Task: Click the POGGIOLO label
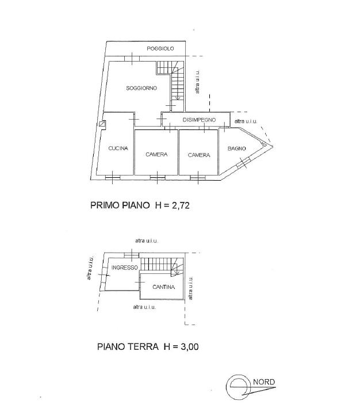[x=160, y=48]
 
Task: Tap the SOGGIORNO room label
[x=141, y=88]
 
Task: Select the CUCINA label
[x=118, y=148]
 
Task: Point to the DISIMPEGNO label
[x=199, y=120]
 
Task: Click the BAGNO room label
[x=236, y=148]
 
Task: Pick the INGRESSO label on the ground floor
[x=125, y=268]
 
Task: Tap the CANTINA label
[x=163, y=287]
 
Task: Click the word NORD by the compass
[x=264, y=382]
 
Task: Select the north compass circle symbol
[x=238, y=387]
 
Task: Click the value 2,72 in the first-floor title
[x=181, y=205]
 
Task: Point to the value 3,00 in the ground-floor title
[x=190, y=346]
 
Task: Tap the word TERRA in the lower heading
[x=143, y=346]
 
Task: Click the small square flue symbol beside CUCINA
[x=102, y=124]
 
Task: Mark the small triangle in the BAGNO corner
[x=264, y=144]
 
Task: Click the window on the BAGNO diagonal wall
[x=243, y=163]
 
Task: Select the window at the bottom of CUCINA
[x=113, y=178]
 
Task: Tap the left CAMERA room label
[x=156, y=154]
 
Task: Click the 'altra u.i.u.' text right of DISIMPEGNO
[x=246, y=121]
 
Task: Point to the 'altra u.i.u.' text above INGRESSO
[x=147, y=241]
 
